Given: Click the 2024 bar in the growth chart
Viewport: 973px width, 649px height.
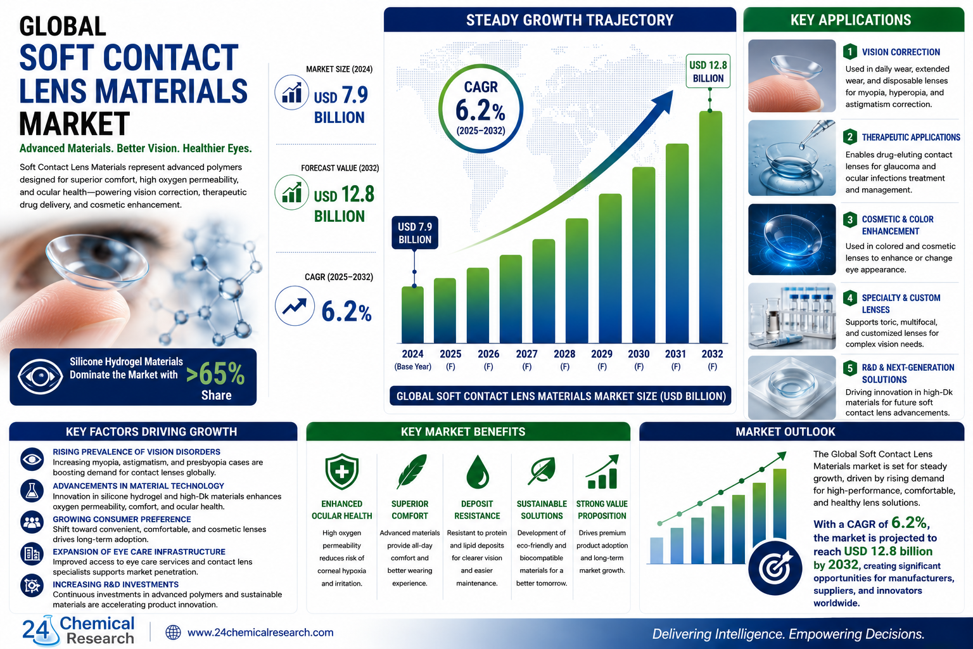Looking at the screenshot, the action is (412, 315).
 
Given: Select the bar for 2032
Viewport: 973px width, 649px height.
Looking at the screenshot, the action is (711, 227).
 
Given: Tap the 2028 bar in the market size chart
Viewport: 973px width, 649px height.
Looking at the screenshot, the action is (576, 281).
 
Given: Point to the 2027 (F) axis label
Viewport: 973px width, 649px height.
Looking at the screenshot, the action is (526, 360).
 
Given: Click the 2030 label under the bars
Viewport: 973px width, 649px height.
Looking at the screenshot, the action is (639, 354).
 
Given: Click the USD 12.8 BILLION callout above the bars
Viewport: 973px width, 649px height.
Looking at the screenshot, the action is (708, 71).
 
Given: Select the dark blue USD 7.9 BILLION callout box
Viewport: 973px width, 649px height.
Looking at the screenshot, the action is (415, 233).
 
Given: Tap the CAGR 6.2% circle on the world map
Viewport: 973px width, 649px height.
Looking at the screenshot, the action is (480, 108).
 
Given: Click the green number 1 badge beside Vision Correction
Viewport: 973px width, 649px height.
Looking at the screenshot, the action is (849, 52).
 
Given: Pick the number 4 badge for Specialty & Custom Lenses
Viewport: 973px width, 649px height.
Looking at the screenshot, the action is (849, 298).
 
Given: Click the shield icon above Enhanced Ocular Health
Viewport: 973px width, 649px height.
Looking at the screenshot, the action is (342, 472).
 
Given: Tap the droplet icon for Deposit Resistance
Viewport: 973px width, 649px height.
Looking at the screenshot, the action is (478, 472).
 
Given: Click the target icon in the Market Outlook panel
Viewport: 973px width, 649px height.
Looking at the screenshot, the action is (775, 568).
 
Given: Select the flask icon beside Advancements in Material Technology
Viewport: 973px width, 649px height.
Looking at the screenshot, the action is (32, 491).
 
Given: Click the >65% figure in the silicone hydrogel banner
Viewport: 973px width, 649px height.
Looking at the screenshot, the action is (215, 373).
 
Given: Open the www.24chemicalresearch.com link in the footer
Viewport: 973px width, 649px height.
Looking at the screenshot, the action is (260, 633).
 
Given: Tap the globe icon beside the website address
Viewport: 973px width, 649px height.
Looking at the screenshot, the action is (173, 633).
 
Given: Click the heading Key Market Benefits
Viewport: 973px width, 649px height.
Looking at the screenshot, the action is (463, 432).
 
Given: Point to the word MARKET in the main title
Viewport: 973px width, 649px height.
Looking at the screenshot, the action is (74, 124).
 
